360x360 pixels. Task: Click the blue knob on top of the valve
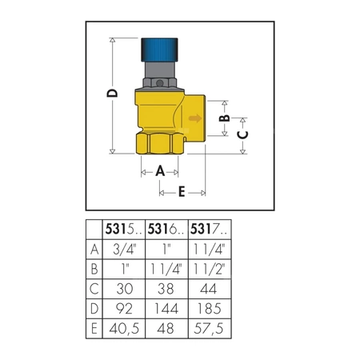(x=163, y=52)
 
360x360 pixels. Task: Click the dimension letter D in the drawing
(x=112, y=94)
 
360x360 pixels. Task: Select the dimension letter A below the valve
(x=159, y=170)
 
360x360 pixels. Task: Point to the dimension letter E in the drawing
(x=182, y=191)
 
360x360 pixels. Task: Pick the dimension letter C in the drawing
(x=246, y=136)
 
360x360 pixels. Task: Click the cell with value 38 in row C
(x=166, y=289)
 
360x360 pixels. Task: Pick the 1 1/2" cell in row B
(x=208, y=269)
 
